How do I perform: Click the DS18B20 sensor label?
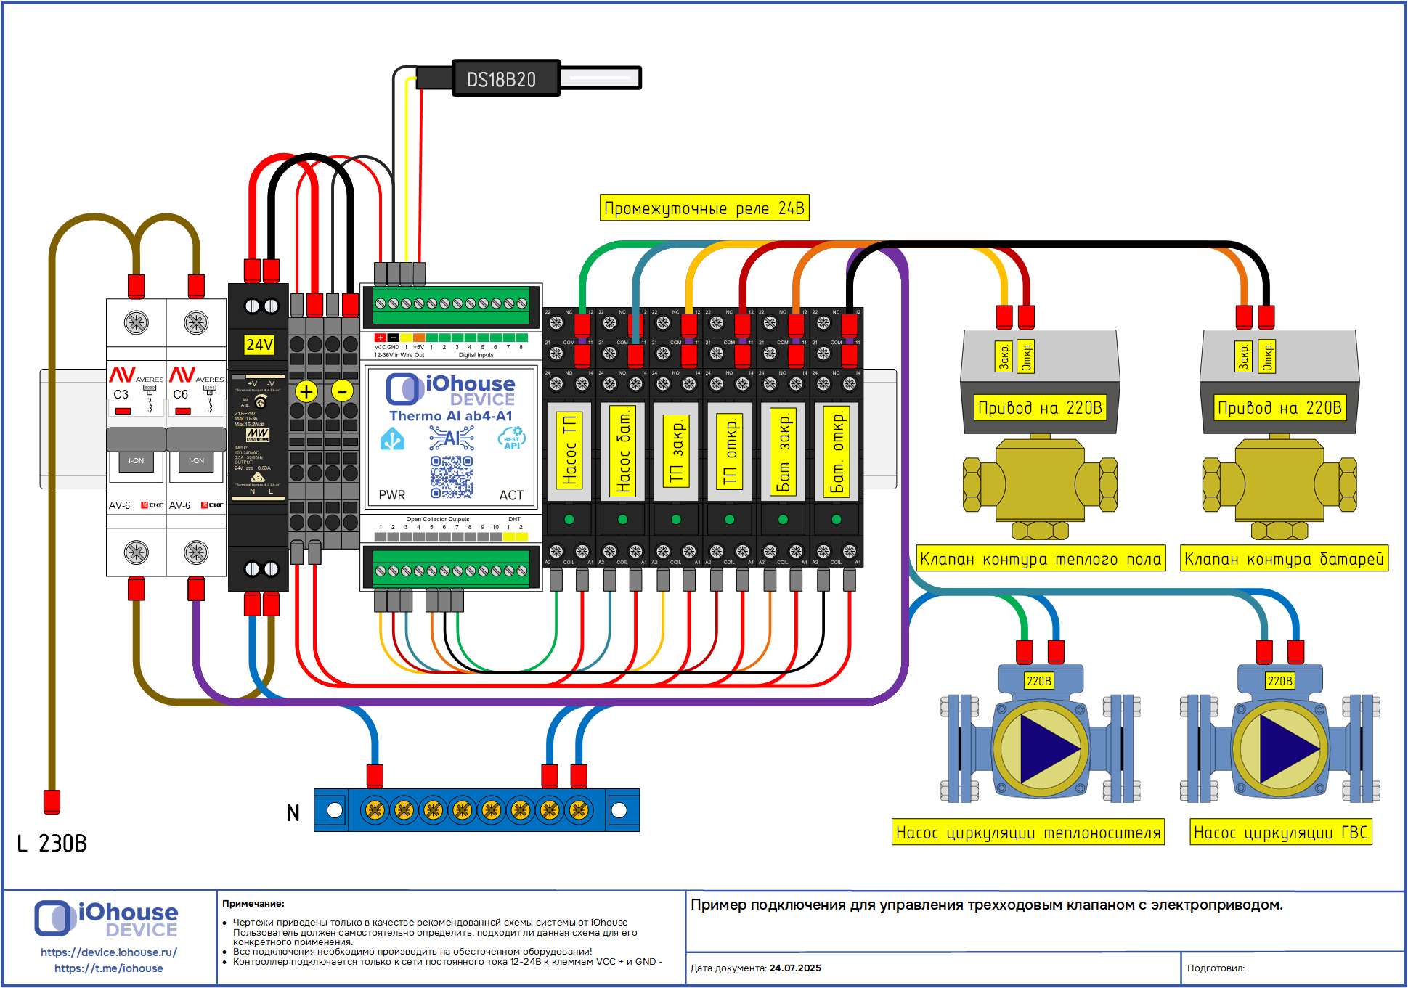[501, 79]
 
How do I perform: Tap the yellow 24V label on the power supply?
[259, 344]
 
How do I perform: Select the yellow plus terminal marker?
[306, 391]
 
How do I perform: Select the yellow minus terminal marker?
[342, 391]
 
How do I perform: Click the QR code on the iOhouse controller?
[451, 477]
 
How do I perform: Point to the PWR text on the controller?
[392, 495]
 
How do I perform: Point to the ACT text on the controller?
[511, 495]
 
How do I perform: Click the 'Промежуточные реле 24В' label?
[704, 208]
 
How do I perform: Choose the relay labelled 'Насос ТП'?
[569, 450]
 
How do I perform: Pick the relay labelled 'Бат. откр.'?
[837, 450]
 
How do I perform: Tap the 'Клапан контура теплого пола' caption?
[1040, 559]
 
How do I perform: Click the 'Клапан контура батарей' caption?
[1284, 559]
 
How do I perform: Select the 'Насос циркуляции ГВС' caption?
[1281, 833]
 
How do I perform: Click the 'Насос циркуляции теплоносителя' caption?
[1027, 833]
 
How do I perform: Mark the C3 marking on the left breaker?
[121, 394]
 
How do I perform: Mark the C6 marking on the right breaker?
[180, 394]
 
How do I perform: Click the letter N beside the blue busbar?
[293, 813]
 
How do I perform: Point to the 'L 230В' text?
[52, 844]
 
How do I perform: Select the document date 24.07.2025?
[795, 968]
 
